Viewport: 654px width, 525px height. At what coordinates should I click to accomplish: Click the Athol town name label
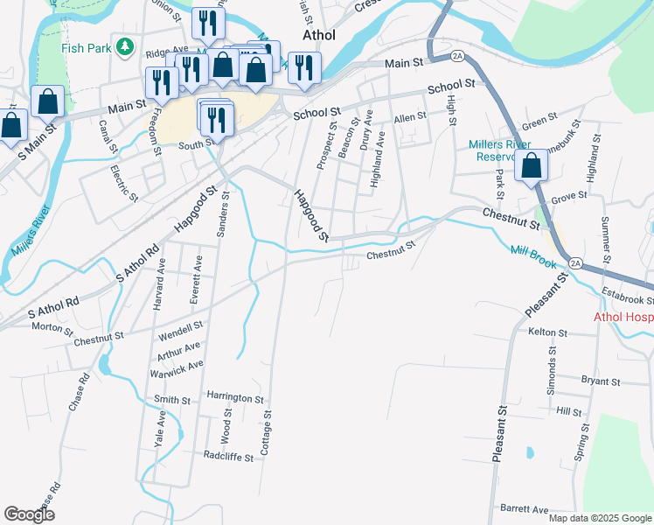coord(318,36)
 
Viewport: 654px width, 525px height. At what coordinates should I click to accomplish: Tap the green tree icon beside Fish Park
coord(126,45)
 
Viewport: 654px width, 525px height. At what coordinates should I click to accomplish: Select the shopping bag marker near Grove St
coord(531,166)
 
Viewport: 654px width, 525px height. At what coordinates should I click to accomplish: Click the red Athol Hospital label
coord(623,318)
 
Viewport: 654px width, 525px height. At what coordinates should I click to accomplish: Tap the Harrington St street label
coord(234,398)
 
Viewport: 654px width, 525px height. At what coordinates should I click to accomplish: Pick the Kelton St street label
coord(548,332)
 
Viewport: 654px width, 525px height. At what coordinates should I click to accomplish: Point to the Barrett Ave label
coord(524,509)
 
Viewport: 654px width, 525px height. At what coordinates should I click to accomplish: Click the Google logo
coord(29,514)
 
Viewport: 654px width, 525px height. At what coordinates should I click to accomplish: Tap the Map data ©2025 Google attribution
coord(600,518)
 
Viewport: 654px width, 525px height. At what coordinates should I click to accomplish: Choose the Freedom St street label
coord(157,132)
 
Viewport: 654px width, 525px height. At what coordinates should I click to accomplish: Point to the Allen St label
coord(409,115)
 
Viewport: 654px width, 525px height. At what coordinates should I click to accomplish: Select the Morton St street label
coord(52,327)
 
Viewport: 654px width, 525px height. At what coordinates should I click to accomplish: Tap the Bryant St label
coord(600,381)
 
